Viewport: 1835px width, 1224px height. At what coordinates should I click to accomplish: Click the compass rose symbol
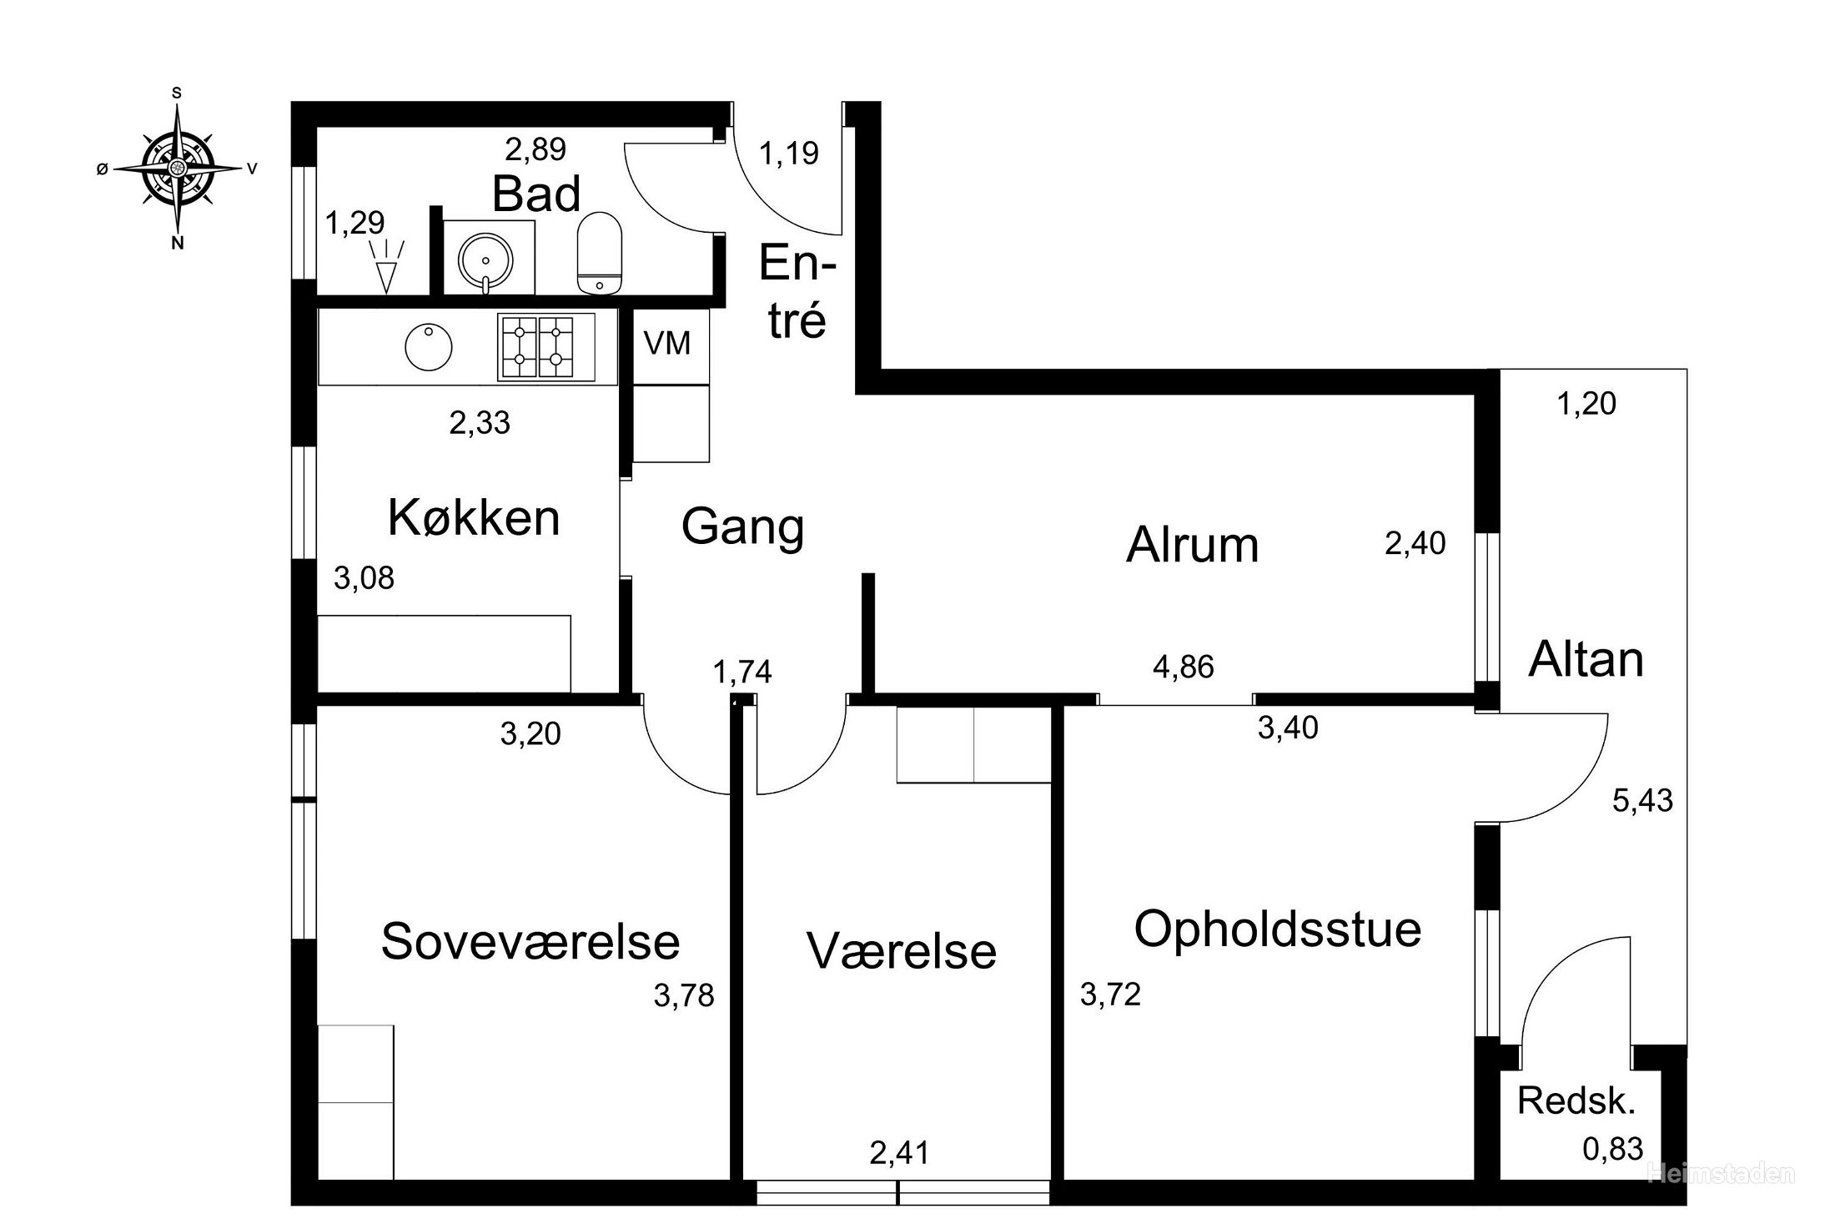[x=177, y=168]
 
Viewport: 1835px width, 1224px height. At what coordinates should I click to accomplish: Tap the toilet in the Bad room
[x=600, y=253]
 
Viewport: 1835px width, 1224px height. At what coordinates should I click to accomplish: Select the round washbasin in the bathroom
[x=485, y=259]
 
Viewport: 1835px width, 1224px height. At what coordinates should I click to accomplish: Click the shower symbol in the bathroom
[x=386, y=266]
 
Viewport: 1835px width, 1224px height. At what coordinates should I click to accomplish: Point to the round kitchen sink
[x=428, y=347]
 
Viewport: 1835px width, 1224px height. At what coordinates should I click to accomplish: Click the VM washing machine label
[x=667, y=343]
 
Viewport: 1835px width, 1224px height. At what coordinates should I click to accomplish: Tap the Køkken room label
[x=474, y=517]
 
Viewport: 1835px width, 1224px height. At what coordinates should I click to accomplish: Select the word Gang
[x=742, y=527]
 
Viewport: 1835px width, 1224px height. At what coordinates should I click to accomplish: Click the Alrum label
[x=1192, y=545]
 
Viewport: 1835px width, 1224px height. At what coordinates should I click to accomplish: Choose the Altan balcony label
[x=1586, y=659]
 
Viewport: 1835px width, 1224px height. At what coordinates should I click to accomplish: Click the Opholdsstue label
[x=1278, y=929]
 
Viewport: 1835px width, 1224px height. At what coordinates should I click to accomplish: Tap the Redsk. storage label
[x=1576, y=1101]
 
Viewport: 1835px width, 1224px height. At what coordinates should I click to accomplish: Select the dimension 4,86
[x=1183, y=667]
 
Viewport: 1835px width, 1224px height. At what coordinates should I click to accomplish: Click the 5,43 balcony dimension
[x=1642, y=801]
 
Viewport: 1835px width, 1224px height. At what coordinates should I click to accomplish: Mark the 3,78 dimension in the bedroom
[x=684, y=995]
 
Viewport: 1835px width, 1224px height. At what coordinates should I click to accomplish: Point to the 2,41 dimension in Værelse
[x=899, y=1153]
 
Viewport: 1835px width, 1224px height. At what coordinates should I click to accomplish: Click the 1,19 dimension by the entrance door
[x=789, y=154]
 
